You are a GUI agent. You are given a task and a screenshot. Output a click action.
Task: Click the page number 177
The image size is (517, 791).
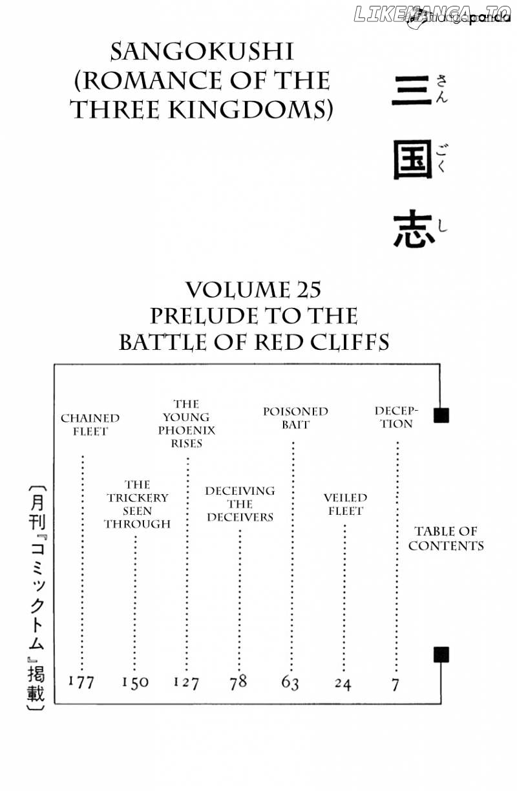(x=81, y=682)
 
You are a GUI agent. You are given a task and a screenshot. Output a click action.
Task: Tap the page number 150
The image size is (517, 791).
(x=135, y=682)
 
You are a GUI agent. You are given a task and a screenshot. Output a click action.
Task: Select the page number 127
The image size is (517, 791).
(x=186, y=682)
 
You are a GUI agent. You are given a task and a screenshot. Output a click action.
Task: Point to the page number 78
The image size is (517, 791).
(x=238, y=682)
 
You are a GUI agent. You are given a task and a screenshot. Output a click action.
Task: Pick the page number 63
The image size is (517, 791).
(x=290, y=683)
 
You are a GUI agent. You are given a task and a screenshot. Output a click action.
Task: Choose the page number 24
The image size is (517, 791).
(x=343, y=684)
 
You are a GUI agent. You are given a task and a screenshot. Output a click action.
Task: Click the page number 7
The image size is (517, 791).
(x=396, y=685)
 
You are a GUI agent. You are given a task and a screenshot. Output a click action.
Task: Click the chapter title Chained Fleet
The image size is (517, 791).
(x=90, y=425)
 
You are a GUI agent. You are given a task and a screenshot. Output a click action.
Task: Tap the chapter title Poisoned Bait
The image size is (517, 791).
(x=296, y=418)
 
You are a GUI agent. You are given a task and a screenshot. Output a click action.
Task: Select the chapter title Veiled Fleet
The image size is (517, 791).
(x=346, y=504)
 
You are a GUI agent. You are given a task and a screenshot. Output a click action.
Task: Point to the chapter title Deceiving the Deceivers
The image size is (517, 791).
(x=240, y=504)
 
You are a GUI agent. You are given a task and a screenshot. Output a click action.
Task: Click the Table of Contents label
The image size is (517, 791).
(x=446, y=539)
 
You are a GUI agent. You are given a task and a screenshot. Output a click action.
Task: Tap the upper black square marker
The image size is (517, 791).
(x=441, y=415)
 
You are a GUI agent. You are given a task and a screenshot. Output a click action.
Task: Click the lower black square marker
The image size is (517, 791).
(x=441, y=655)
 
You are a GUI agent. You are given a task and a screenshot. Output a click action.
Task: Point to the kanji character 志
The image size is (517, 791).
(x=414, y=228)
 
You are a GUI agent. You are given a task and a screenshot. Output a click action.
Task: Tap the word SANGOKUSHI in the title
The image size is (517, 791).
(x=202, y=52)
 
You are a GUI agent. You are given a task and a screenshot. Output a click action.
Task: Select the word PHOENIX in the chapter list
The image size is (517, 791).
(x=186, y=430)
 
